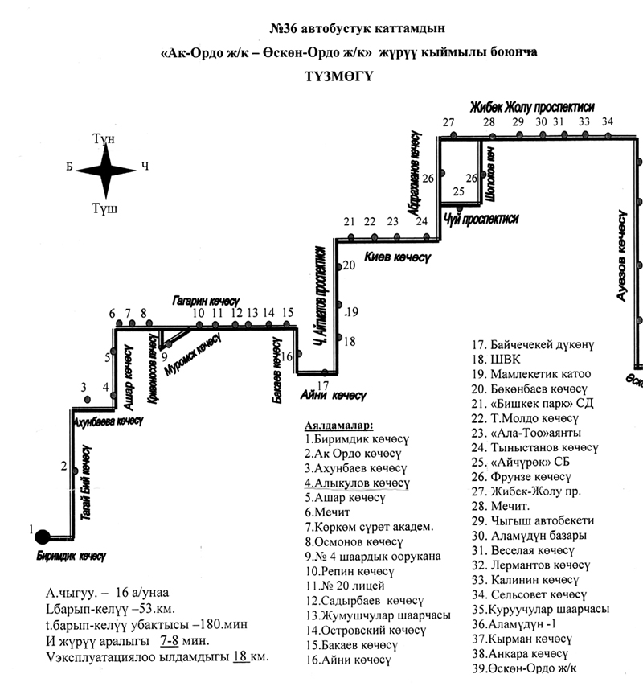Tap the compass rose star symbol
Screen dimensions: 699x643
click(106, 170)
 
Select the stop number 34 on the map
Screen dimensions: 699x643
click(607, 121)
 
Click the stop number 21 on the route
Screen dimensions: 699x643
click(349, 222)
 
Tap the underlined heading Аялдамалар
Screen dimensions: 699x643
click(344, 424)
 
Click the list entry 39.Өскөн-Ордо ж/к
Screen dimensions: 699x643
click(531, 668)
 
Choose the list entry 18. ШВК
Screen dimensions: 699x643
click(490, 360)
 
